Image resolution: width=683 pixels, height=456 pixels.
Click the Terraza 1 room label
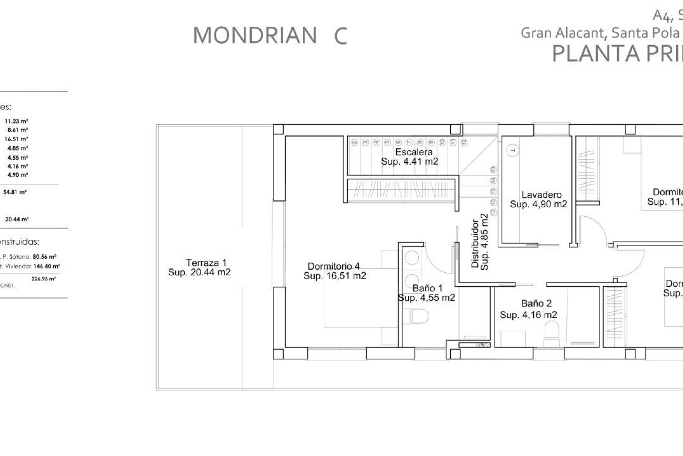point(206,263)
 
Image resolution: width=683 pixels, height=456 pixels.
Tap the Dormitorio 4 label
point(334,266)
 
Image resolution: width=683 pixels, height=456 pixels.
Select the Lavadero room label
point(541,195)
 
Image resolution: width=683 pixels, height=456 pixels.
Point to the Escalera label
point(414,152)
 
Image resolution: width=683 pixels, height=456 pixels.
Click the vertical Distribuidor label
point(475,244)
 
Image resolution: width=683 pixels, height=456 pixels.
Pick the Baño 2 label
point(536,304)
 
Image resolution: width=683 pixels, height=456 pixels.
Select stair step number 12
point(464,142)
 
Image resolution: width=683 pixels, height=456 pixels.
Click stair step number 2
point(354,142)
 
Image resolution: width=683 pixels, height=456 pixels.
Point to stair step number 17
point(493,212)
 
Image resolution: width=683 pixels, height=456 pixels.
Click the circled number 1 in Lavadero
point(512,151)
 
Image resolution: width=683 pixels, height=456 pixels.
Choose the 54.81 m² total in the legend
point(15,192)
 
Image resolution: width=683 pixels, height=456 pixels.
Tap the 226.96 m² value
point(43,279)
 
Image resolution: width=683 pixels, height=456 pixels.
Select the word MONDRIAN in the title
point(255,36)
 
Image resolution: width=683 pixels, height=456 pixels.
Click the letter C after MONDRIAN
point(340,36)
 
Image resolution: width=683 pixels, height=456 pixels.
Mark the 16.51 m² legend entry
point(16,139)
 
